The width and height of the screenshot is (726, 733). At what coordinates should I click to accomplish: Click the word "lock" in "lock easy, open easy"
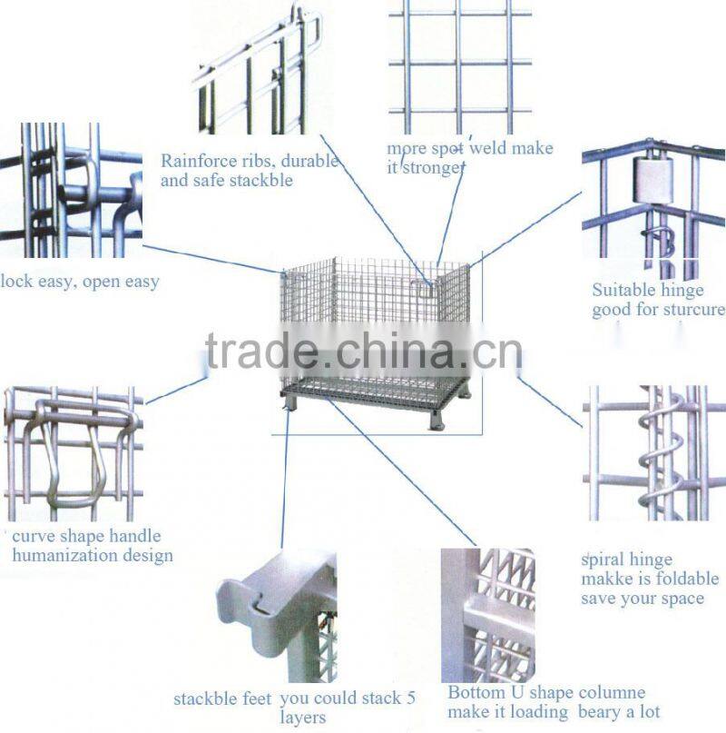(x=16, y=282)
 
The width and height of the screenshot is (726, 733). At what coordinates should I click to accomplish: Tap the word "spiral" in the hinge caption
(x=607, y=560)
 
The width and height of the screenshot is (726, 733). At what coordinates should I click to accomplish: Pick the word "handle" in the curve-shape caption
(x=135, y=536)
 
